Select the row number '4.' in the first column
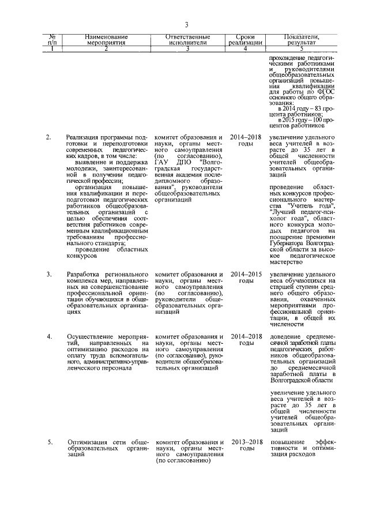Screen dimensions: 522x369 [50, 336]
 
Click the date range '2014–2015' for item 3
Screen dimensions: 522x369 [246, 273]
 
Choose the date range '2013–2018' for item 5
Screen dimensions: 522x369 [246, 442]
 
